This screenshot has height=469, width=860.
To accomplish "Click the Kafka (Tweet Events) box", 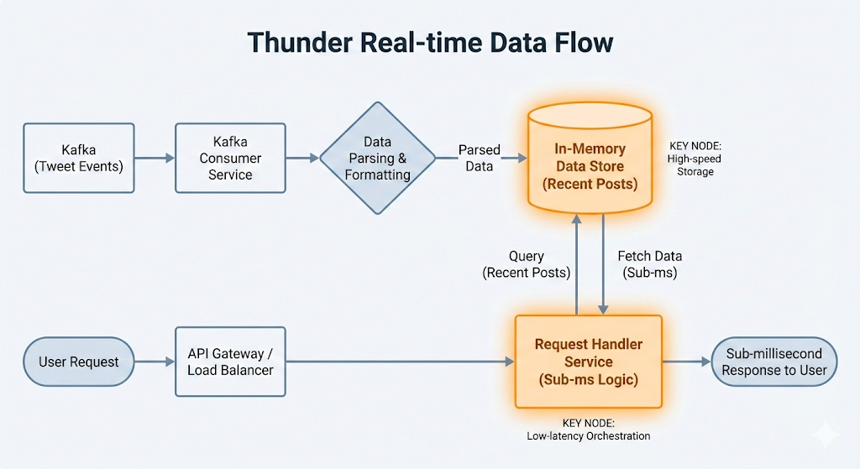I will pyautogui.click(x=78, y=158).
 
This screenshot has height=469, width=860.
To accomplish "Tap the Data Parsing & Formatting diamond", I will pyautogui.click(x=378, y=158).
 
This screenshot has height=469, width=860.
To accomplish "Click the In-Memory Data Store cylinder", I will pyautogui.click(x=590, y=165).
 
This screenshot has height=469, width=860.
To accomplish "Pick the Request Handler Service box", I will pyautogui.click(x=589, y=362).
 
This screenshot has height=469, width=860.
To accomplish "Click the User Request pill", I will pyautogui.click(x=79, y=362).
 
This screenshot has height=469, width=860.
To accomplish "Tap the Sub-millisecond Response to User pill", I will pyautogui.click(x=774, y=362).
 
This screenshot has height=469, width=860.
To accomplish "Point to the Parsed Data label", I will pyautogui.click(x=480, y=158).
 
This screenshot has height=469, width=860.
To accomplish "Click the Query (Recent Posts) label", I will pyautogui.click(x=527, y=264).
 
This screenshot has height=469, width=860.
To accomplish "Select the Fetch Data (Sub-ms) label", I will pyautogui.click(x=650, y=264).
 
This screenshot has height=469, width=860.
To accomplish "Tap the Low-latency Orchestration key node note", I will pyautogui.click(x=589, y=430).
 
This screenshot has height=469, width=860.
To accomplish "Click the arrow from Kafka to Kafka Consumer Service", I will pyautogui.click(x=155, y=158).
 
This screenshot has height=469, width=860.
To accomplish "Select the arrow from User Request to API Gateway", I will pyautogui.click(x=155, y=362).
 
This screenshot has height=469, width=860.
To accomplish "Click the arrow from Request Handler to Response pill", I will pyautogui.click(x=686, y=362).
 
